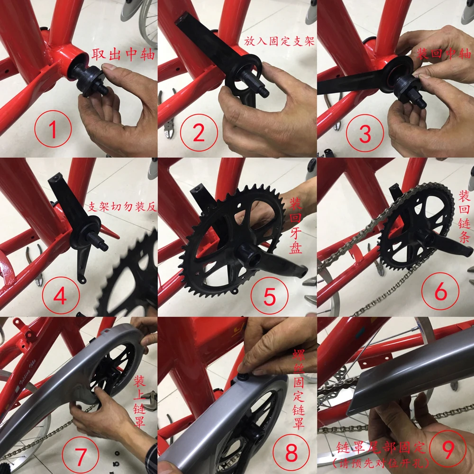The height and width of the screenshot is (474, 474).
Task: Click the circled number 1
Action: coord(53,129)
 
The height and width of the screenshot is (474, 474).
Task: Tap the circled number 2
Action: coord(199,133)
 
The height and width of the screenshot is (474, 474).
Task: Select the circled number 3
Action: coord(365,133)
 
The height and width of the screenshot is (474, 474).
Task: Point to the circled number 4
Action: coord(61,295)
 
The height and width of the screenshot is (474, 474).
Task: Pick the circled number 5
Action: coord(269,296)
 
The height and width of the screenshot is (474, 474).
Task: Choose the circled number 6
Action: coord(440,291)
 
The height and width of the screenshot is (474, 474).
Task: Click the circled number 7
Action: coord(81,455)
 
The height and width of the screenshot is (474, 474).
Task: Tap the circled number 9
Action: coord(448,449)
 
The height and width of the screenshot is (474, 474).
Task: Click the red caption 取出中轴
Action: coord(123,55)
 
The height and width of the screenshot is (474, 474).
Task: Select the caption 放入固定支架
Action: coord(279,41)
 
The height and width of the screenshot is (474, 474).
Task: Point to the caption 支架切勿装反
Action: coord(122,207)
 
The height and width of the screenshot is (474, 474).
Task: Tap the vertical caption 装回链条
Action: coord(464,217)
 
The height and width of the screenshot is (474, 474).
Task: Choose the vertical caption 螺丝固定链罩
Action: coord(298,389)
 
